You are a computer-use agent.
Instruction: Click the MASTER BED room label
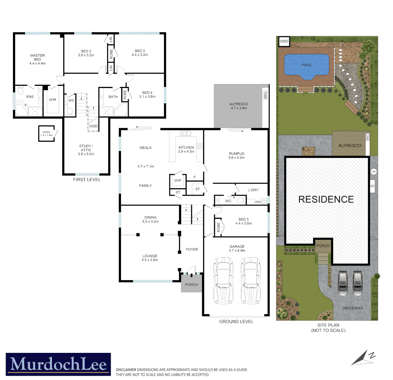pyautogui.click(x=37, y=57)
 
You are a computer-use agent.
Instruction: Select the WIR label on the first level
pyautogui.click(x=53, y=100)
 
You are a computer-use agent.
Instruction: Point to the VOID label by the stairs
pyautogui.click(x=94, y=126)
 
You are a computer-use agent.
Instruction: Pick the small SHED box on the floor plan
pyautogui.click(x=46, y=133)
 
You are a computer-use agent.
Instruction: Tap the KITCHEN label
pyautogui.click(x=186, y=147)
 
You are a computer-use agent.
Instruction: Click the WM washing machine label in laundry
pyautogui.click(x=257, y=202)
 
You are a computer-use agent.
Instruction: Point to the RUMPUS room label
pyautogui.click(x=236, y=153)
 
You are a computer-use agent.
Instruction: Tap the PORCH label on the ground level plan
pyautogui.click(x=192, y=285)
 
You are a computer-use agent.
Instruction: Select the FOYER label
pyautogui.click(x=192, y=249)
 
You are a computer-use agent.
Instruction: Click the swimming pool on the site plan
pyautogui.click(x=306, y=65)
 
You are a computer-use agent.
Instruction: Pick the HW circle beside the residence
pyautogui.click(x=373, y=172)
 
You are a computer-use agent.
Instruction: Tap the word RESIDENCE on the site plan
pyautogui.click(x=326, y=199)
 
